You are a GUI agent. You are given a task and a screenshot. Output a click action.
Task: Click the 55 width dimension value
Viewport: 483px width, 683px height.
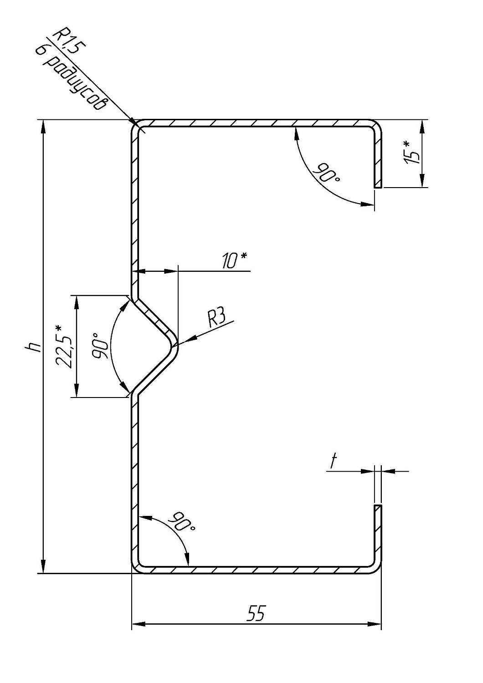pos(256,613)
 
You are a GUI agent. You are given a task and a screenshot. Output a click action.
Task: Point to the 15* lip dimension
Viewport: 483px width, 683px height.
pos(412,153)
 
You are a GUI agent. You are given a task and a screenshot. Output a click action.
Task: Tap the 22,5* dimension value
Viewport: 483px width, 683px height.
pos(63,346)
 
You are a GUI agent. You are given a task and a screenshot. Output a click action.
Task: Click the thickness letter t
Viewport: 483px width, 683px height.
pos(334,462)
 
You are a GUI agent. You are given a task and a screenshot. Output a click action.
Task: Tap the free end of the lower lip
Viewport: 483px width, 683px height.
pos(378,505)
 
